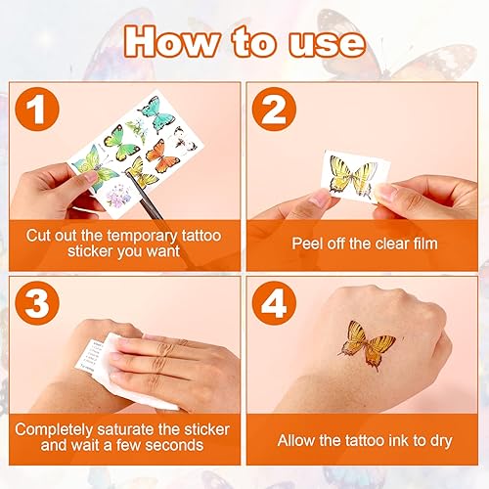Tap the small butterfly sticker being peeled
[351, 178]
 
